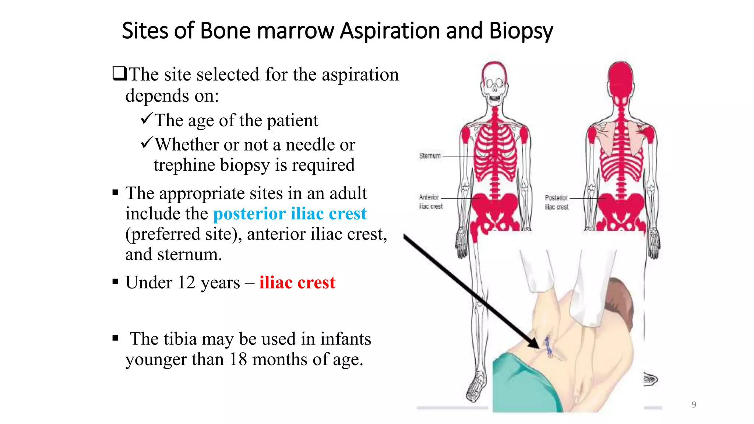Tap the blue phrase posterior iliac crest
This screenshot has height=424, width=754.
tap(290, 214)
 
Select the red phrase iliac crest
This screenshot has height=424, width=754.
tap(297, 283)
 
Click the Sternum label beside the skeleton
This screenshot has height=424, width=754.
tap(430, 156)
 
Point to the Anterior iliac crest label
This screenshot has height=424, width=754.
tap(430, 202)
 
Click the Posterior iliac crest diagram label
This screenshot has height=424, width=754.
tap(556, 202)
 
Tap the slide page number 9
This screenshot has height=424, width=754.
tap(694, 404)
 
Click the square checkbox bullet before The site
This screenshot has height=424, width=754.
tap(119, 74)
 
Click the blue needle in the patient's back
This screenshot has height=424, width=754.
tap(548, 346)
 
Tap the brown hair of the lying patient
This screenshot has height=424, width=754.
tap(622, 298)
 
